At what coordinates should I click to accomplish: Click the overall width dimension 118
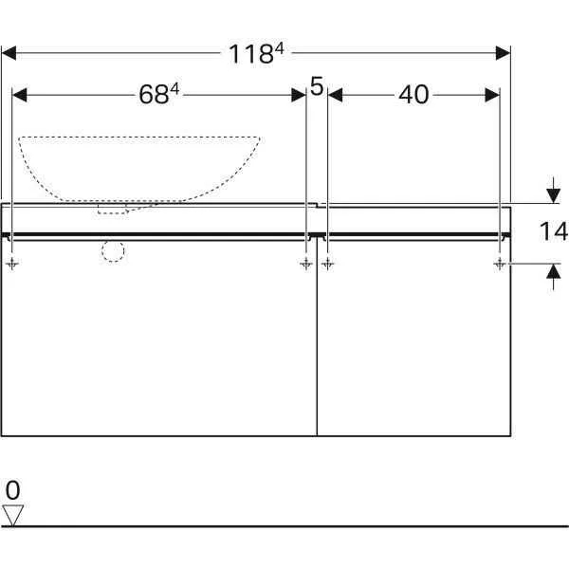256,53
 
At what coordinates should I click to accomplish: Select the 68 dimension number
159,94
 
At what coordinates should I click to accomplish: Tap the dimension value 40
413,95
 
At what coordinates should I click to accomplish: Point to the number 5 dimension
317,86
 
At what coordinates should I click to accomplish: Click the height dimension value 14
554,231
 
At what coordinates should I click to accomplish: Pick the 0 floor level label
13,490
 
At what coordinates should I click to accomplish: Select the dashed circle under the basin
113,250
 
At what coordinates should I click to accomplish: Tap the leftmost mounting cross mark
12,264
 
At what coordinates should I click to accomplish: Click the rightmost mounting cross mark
500,264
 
